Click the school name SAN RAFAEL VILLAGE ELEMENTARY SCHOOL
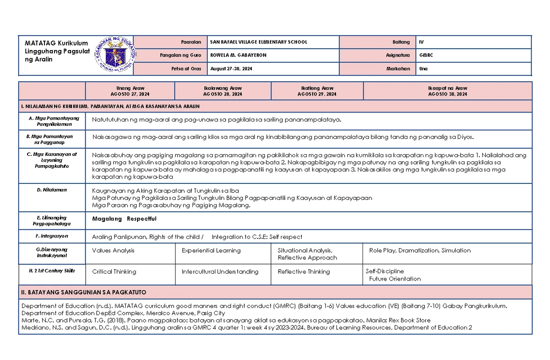[258, 42]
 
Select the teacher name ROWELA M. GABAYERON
[237, 55]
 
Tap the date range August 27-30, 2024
[231, 68]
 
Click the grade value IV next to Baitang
[421, 42]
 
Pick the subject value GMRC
[426, 55]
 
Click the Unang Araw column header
[130, 91]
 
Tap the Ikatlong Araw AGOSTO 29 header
[317, 91]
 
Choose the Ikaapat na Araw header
[447, 91]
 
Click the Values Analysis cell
[113, 250]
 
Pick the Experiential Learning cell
[211, 250]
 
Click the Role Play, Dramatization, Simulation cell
[420, 250]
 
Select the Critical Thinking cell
[114, 271]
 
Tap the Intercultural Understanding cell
[220, 271]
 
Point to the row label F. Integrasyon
[52, 236]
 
